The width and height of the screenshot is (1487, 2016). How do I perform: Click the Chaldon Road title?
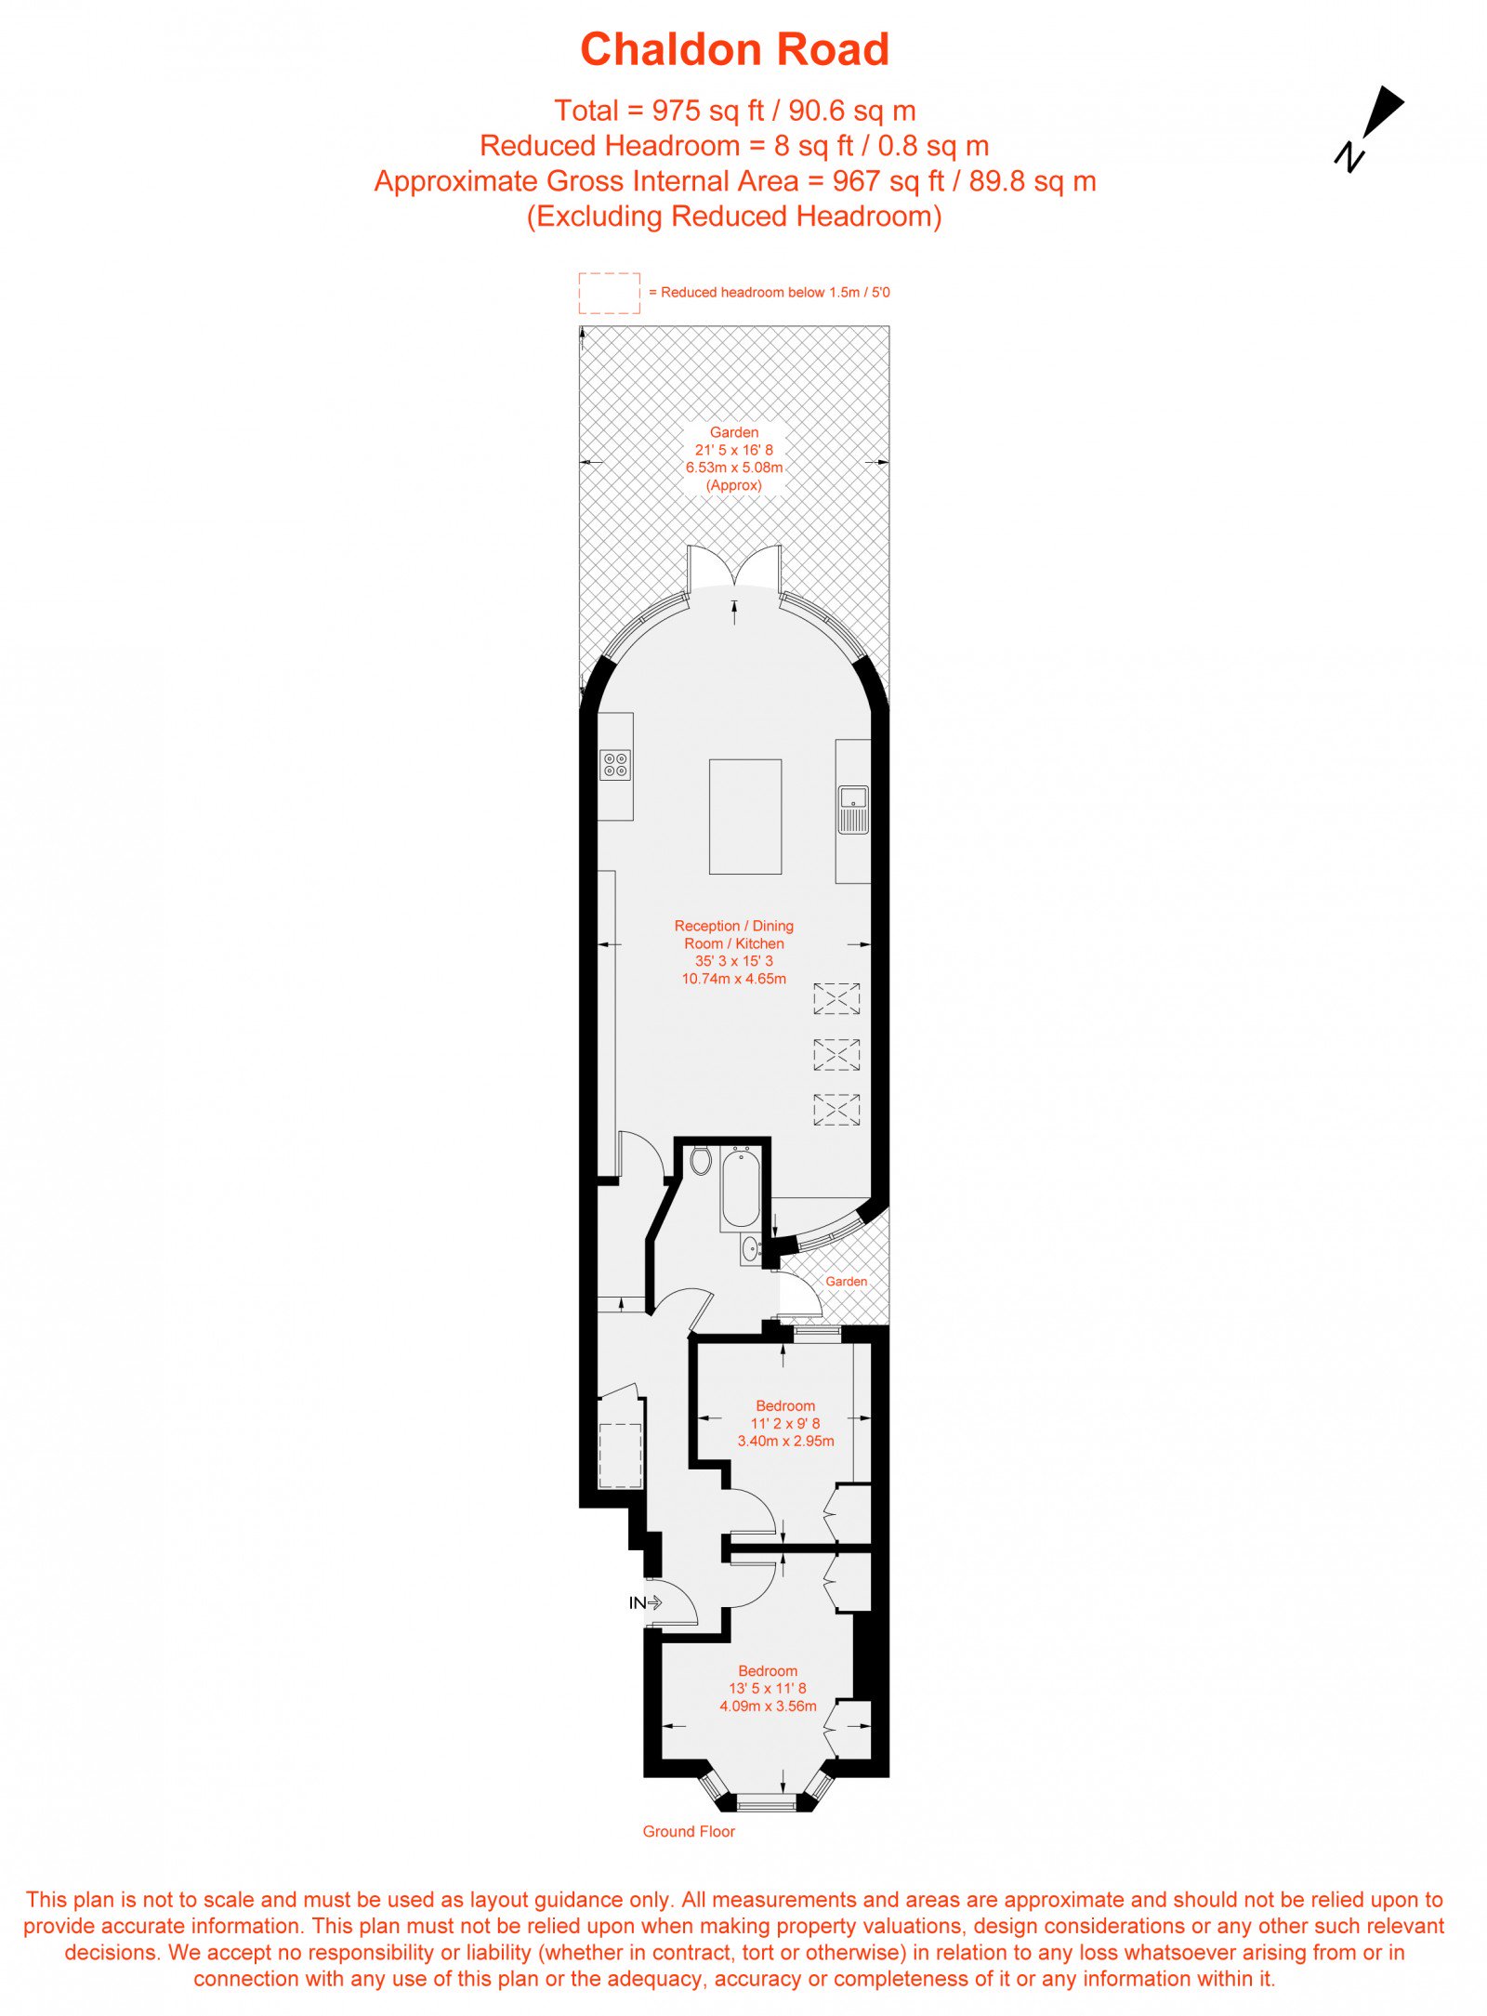[734, 49]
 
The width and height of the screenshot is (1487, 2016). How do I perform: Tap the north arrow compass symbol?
[1370, 128]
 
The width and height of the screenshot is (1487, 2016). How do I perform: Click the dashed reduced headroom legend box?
[610, 293]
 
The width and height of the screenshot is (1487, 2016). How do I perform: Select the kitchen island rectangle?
[745, 817]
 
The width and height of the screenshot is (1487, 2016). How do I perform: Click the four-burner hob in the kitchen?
[616, 765]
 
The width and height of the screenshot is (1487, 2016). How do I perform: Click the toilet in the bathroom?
[701, 1161]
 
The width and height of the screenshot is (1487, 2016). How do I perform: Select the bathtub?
[741, 1188]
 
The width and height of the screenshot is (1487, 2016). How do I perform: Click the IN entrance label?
[637, 1602]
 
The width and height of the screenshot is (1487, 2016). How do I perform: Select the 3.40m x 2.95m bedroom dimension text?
[785, 1441]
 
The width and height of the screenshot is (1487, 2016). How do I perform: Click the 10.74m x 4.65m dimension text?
[734, 979]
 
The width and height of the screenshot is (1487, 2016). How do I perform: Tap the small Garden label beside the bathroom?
[847, 1282]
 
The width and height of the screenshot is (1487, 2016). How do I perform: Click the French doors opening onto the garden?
[734, 567]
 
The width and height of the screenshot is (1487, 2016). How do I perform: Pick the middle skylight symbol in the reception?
[836, 1054]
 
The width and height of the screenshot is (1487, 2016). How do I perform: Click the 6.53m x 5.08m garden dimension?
[734, 468]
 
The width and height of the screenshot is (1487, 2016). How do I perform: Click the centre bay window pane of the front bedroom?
[767, 1807]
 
